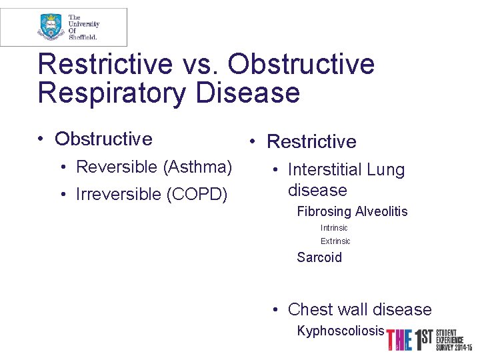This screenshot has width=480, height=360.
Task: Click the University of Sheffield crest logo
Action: tap(51, 27)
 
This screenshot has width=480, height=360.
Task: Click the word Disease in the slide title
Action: tap(248, 93)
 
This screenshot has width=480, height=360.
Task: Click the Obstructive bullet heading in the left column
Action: tap(103, 139)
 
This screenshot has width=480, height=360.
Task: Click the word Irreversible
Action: tap(119, 194)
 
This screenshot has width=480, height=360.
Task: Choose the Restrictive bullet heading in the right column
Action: tap(311, 141)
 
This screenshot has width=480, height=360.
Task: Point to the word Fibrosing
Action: tap(324, 211)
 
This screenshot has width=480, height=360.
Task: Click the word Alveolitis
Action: tap(381, 211)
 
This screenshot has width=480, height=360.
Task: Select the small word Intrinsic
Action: tap(334, 228)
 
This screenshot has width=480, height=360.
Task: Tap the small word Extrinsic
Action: tap(335, 241)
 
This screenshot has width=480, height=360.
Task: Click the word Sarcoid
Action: tap(319, 257)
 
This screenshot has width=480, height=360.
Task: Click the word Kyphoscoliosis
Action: tap(341, 331)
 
